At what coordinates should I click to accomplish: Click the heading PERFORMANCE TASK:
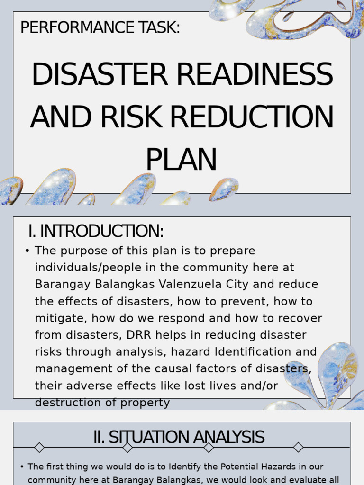click(x=100, y=28)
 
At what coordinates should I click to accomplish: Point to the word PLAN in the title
click(x=181, y=160)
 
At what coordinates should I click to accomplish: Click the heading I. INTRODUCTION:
click(x=96, y=232)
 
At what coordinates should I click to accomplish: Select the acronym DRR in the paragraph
click(x=138, y=335)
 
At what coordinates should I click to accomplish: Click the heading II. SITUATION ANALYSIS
click(x=179, y=437)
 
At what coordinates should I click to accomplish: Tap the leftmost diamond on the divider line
click(x=39, y=447)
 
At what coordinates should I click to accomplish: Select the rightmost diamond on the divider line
click(x=298, y=447)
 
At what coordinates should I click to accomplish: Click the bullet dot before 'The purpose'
click(x=27, y=251)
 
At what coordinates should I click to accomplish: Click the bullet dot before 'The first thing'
click(x=22, y=467)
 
